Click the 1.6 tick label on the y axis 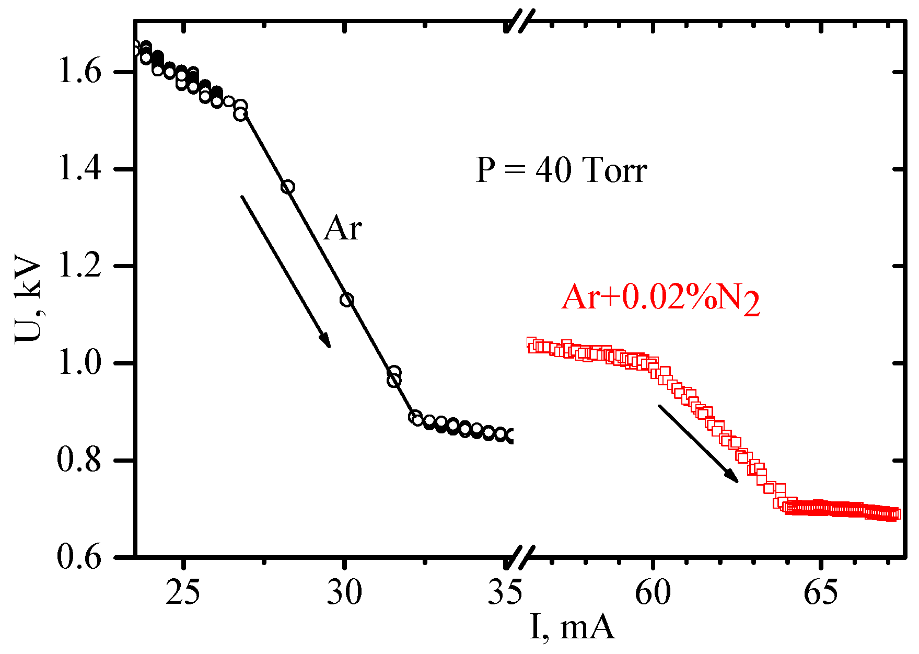point(78,72)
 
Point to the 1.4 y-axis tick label point(78,169)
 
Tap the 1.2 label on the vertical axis point(78,266)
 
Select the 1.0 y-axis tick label point(78,363)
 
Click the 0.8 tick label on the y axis point(78,461)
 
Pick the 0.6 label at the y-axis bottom point(78,557)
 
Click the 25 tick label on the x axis point(182,593)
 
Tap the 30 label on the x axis point(344,593)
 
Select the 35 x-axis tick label point(505,593)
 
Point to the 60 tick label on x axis point(653,593)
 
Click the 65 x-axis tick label point(820,593)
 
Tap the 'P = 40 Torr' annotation point(561,170)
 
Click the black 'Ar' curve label point(342,228)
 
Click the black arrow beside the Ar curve point(285,271)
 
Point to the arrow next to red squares point(698,443)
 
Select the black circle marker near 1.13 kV point(347,300)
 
